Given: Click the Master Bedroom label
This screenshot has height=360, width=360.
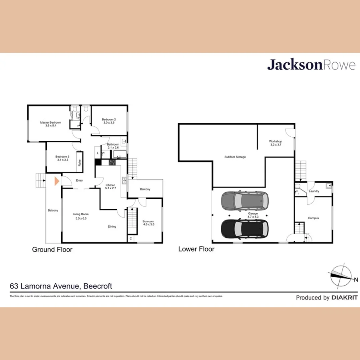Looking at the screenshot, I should click(50, 122).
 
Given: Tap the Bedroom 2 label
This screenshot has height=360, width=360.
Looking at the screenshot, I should click(108, 120).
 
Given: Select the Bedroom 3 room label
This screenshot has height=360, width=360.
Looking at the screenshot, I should click(62, 156).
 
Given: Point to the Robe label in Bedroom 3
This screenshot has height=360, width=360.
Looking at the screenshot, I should click(80, 163).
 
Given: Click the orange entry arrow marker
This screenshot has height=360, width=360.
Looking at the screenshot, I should click(57, 181).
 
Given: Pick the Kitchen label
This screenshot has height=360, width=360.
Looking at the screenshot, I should click(110, 185).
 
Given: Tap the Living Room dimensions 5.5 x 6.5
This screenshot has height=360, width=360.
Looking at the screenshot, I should click(80, 218).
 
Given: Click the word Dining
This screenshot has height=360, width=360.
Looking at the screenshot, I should click(112, 226).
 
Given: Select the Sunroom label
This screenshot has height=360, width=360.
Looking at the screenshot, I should click(148, 221).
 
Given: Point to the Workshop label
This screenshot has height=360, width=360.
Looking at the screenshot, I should click(276, 142).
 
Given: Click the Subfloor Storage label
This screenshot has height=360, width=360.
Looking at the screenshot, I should click(235, 157).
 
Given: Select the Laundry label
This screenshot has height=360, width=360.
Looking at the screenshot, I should click(314, 191).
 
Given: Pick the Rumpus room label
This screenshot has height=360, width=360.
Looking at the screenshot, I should click(313, 218).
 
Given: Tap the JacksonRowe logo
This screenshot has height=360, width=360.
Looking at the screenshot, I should click(311, 65).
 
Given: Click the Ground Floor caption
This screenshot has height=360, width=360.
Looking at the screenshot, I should click(52, 250).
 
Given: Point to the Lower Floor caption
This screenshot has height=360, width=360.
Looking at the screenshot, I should click(196, 249).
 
